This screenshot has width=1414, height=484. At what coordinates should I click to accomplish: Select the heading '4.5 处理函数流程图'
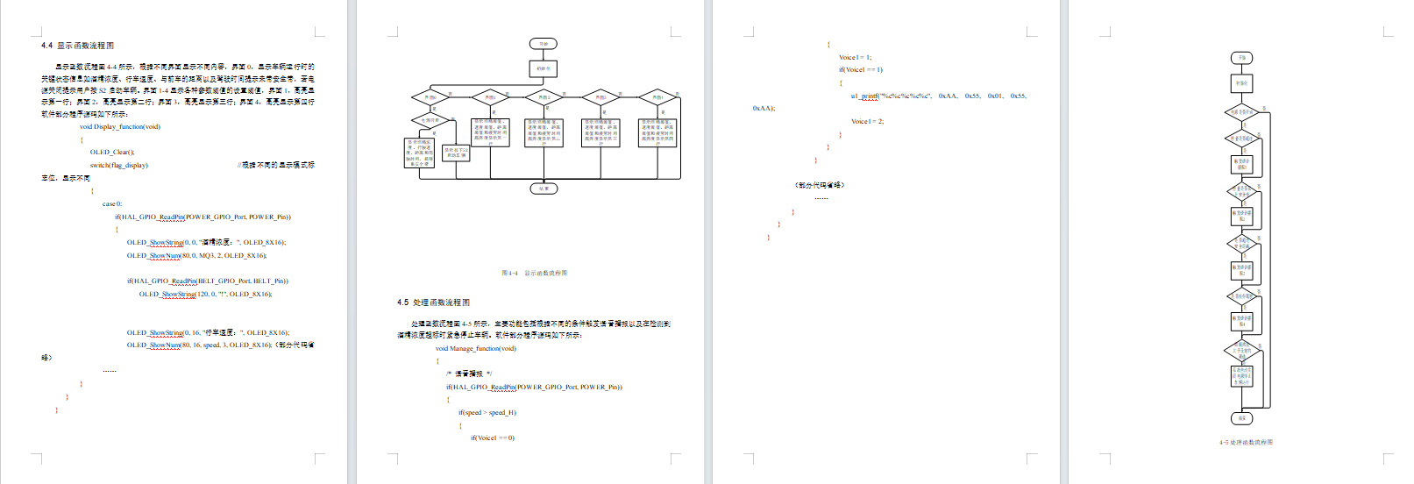tap(433, 302)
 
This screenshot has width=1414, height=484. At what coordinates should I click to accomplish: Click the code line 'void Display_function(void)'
tap(120, 126)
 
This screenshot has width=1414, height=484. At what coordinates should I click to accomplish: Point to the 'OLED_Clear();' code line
tap(112, 152)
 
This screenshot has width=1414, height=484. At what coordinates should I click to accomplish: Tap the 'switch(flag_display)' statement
tap(118, 165)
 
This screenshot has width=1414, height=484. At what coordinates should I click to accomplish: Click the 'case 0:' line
tap(112, 203)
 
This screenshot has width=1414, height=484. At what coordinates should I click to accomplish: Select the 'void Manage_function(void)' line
tap(476, 348)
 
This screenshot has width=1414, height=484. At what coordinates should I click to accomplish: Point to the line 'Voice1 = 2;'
tap(867, 121)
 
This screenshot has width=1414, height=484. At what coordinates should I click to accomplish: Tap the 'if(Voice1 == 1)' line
tap(860, 69)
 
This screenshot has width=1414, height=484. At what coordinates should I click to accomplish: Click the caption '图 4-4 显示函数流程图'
tap(534, 273)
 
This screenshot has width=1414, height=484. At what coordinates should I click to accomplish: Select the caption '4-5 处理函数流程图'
tap(1245, 442)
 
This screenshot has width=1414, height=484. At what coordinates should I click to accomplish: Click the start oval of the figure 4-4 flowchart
tap(544, 44)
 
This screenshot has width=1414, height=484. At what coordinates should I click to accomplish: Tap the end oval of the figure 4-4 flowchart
tap(544, 189)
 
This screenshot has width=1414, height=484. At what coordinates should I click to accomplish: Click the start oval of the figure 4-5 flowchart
tap(1241, 58)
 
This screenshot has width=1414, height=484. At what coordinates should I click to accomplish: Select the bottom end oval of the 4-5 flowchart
tap(1241, 418)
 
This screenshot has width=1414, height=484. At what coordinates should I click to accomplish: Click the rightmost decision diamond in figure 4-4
tap(657, 97)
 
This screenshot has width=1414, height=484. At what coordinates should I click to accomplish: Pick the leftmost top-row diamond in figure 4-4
tap(430, 97)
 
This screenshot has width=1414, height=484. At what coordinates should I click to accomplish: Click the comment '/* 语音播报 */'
tap(469, 374)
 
